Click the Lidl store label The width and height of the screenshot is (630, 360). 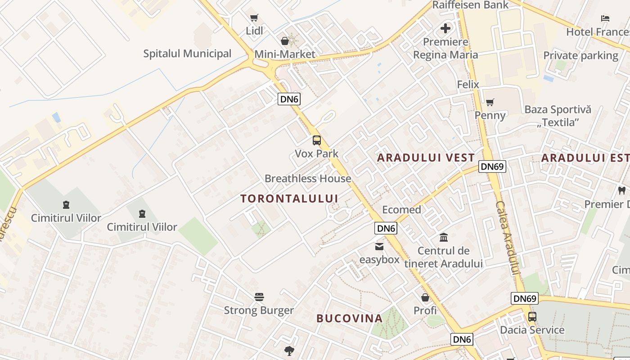pyautogui.click(x=254, y=31)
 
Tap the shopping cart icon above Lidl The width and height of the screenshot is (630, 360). pyautogui.click(x=254, y=18)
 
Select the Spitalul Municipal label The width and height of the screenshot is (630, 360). pyautogui.click(x=187, y=54)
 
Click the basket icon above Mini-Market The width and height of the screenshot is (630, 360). pyautogui.click(x=285, y=41)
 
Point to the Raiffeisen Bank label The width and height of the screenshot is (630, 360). pyautogui.click(x=470, y=5)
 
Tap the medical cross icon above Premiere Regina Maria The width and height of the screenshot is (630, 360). pyautogui.click(x=445, y=29)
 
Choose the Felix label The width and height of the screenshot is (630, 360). pyautogui.click(x=468, y=84)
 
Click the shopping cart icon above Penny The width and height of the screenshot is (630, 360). pyautogui.click(x=490, y=102)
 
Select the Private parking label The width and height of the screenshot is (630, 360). pyautogui.click(x=580, y=55)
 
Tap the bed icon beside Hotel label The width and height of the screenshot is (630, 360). pyautogui.click(x=605, y=18)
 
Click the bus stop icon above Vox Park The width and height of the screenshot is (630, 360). pyautogui.click(x=317, y=140)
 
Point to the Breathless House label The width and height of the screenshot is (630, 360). pyautogui.click(x=308, y=178)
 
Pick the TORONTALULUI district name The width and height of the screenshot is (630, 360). pyautogui.click(x=289, y=198)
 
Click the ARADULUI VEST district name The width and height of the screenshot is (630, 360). pyautogui.click(x=426, y=157)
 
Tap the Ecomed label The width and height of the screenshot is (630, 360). pyautogui.click(x=401, y=210)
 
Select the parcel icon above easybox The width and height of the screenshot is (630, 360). pyautogui.click(x=379, y=246)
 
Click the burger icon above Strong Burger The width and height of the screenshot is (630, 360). pyautogui.click(x=259, y=297)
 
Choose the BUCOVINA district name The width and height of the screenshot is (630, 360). pyautogui.click(x=350, y=318)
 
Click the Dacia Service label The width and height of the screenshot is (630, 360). pyautogui.click(x=532, y=330)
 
